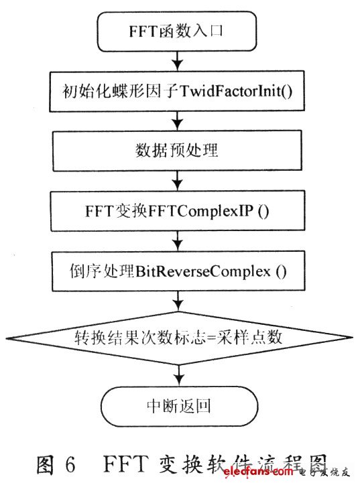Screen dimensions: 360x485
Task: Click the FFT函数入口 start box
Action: point(177,31)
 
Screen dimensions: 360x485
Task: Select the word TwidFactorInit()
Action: point(236,91)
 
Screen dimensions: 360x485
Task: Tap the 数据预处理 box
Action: point(177,151)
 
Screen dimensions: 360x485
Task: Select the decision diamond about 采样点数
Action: point(179,338)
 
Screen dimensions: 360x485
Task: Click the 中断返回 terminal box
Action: point(179,406)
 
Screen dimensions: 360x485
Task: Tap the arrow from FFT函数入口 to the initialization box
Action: point(178,61)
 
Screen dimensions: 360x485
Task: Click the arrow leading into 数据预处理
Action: point(178,121)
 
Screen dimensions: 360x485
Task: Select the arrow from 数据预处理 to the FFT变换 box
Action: point(178,181)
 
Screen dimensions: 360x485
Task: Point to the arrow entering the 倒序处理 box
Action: point(178,241)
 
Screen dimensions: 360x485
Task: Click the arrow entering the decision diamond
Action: point(178,301)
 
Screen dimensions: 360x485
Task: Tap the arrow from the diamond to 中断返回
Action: point(179,376)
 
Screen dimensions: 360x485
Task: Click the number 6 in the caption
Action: point(70,464)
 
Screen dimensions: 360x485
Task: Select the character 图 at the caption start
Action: point(45,465)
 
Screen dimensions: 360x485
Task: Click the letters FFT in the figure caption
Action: point(124,464)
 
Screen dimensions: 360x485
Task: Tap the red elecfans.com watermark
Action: point(258,472)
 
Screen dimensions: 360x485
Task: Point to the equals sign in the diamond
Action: point(211,338)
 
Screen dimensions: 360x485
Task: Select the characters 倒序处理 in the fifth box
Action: point(102,271)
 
